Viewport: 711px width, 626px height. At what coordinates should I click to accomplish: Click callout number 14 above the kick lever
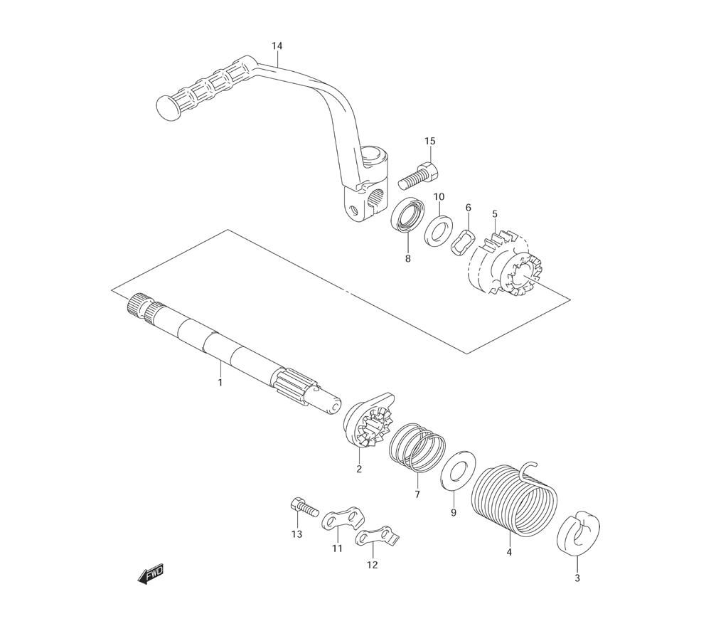tap(277, 46)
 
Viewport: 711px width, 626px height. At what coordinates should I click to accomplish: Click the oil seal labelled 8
tap(408, 216)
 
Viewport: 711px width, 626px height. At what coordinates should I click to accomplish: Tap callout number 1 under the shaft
tap(220, 383)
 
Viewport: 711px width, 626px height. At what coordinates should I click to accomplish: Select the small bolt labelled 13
tap(301, 507)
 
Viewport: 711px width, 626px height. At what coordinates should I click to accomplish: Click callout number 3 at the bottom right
tap(577, 578)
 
